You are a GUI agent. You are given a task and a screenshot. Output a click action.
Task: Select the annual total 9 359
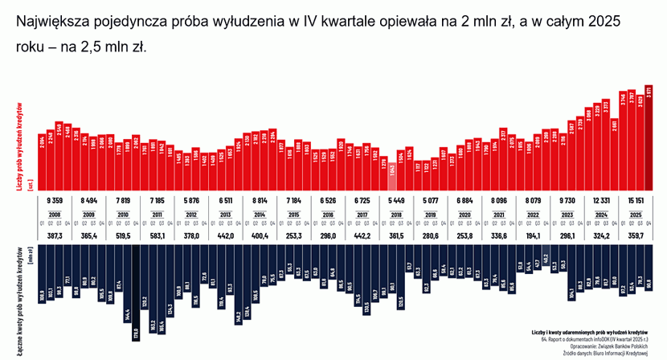(x=55, y=198)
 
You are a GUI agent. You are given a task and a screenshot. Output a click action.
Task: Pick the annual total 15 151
(x=635, y=198)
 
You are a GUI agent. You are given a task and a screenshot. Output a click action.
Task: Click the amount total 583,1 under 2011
(x=158, y=235)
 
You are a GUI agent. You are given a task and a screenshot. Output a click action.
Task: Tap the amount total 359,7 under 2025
(x=635, y=235)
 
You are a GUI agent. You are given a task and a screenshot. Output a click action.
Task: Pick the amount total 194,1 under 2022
(x=533, y=235)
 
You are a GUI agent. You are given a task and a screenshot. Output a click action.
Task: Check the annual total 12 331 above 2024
(x=600, y=198)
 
